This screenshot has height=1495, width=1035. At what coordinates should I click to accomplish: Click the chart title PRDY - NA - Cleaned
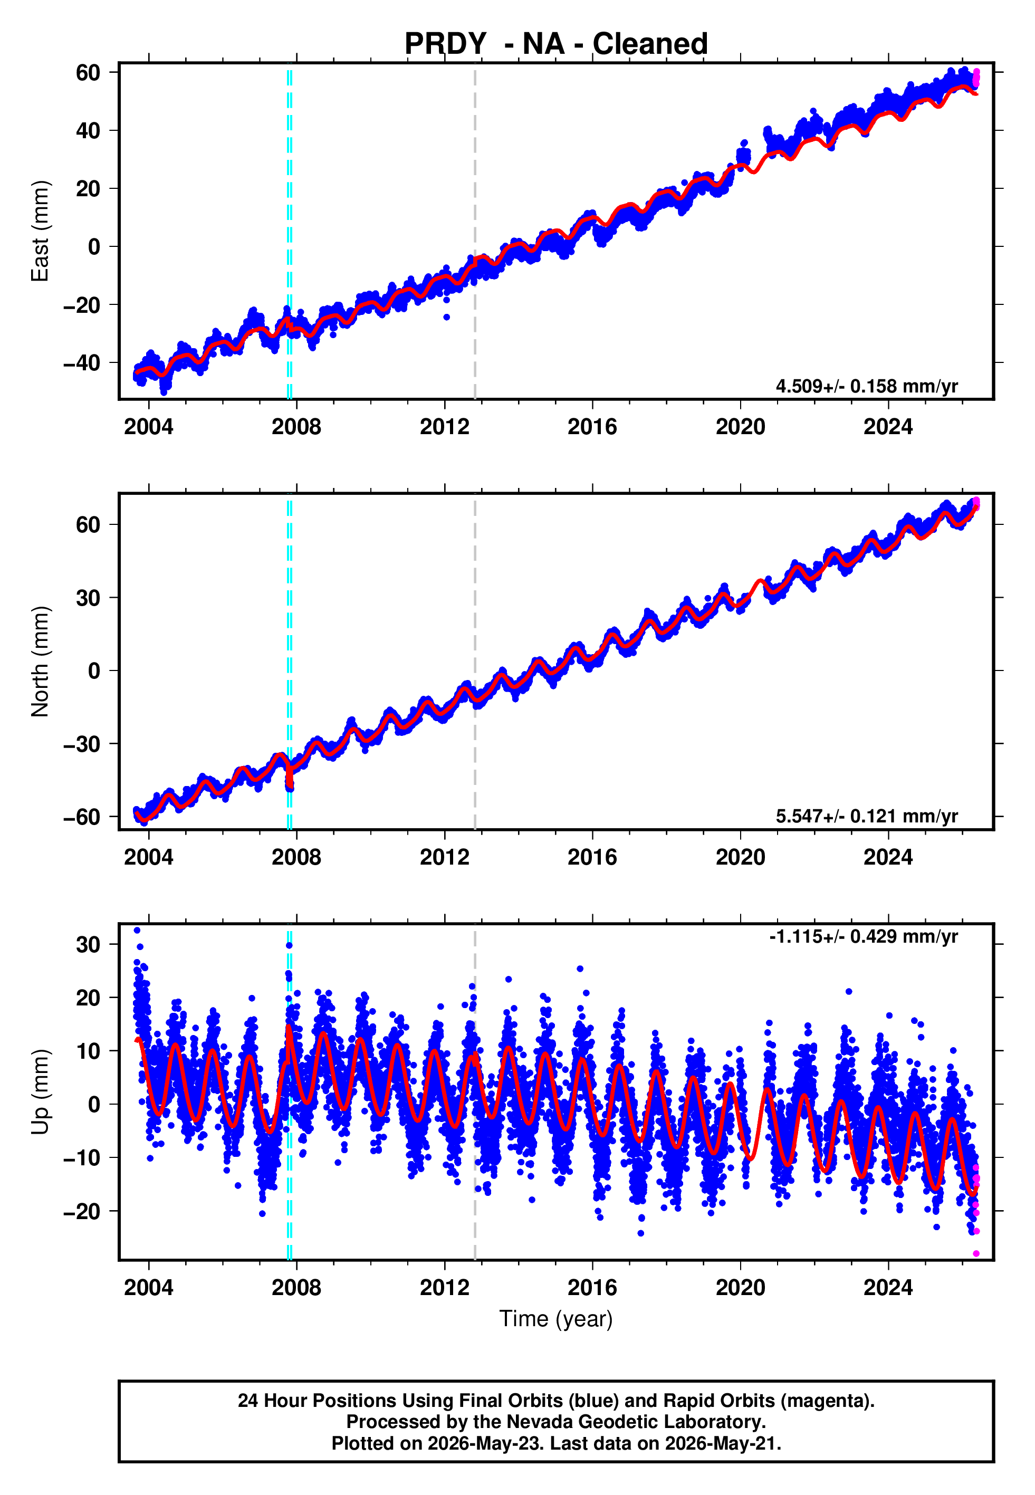(556, 44)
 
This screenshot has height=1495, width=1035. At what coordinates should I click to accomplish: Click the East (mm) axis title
(40, 231)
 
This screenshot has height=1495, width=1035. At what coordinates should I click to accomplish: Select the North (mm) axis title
(40, 662)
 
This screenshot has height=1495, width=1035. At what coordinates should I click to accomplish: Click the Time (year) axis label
(556, 1319)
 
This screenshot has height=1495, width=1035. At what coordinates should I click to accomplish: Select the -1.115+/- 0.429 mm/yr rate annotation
(863, 936)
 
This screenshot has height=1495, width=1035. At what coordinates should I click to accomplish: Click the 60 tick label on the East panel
(88, 73)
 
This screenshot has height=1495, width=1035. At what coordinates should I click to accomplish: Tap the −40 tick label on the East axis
(82, 362)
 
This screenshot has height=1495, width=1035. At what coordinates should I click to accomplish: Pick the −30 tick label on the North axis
(82, 744)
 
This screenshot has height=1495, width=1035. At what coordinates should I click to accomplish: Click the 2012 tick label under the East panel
(444, 427)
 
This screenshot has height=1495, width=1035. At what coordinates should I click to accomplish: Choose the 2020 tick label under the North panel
(740, 857)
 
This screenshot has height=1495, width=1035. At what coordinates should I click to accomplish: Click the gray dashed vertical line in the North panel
(475, 662)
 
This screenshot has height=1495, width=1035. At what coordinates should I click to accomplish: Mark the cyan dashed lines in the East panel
(289, 231)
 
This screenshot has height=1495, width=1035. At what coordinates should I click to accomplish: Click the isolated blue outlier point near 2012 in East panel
(446, 317)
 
